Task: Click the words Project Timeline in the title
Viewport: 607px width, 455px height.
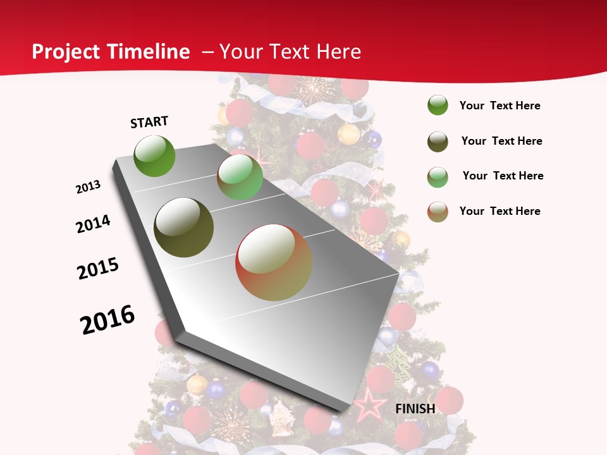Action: (111, 52)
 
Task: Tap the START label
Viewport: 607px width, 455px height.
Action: (149, 122)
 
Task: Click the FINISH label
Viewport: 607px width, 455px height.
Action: (415, 409)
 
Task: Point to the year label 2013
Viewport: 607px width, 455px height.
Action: (89, 187)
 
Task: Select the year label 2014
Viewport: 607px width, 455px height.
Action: (94, 224)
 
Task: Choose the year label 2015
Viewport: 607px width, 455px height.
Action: (98, 269)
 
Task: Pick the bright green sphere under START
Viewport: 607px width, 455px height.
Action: (155, 156)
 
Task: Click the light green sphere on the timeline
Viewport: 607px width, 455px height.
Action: (240, 178)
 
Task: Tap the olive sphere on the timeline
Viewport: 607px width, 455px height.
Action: (184, 227)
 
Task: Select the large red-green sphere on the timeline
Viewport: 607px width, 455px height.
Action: (274, 262)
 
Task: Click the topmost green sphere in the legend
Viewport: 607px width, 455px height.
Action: (438, 106)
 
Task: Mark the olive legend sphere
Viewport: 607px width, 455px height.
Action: (438, 142)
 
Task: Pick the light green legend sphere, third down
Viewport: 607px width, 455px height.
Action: (438, 177)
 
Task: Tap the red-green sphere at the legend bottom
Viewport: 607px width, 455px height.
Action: (438, 212)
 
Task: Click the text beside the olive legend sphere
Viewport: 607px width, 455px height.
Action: (501, 141)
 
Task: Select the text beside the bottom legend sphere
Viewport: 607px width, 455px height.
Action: (500, 211)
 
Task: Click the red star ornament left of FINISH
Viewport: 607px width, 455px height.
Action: (369, 405)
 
